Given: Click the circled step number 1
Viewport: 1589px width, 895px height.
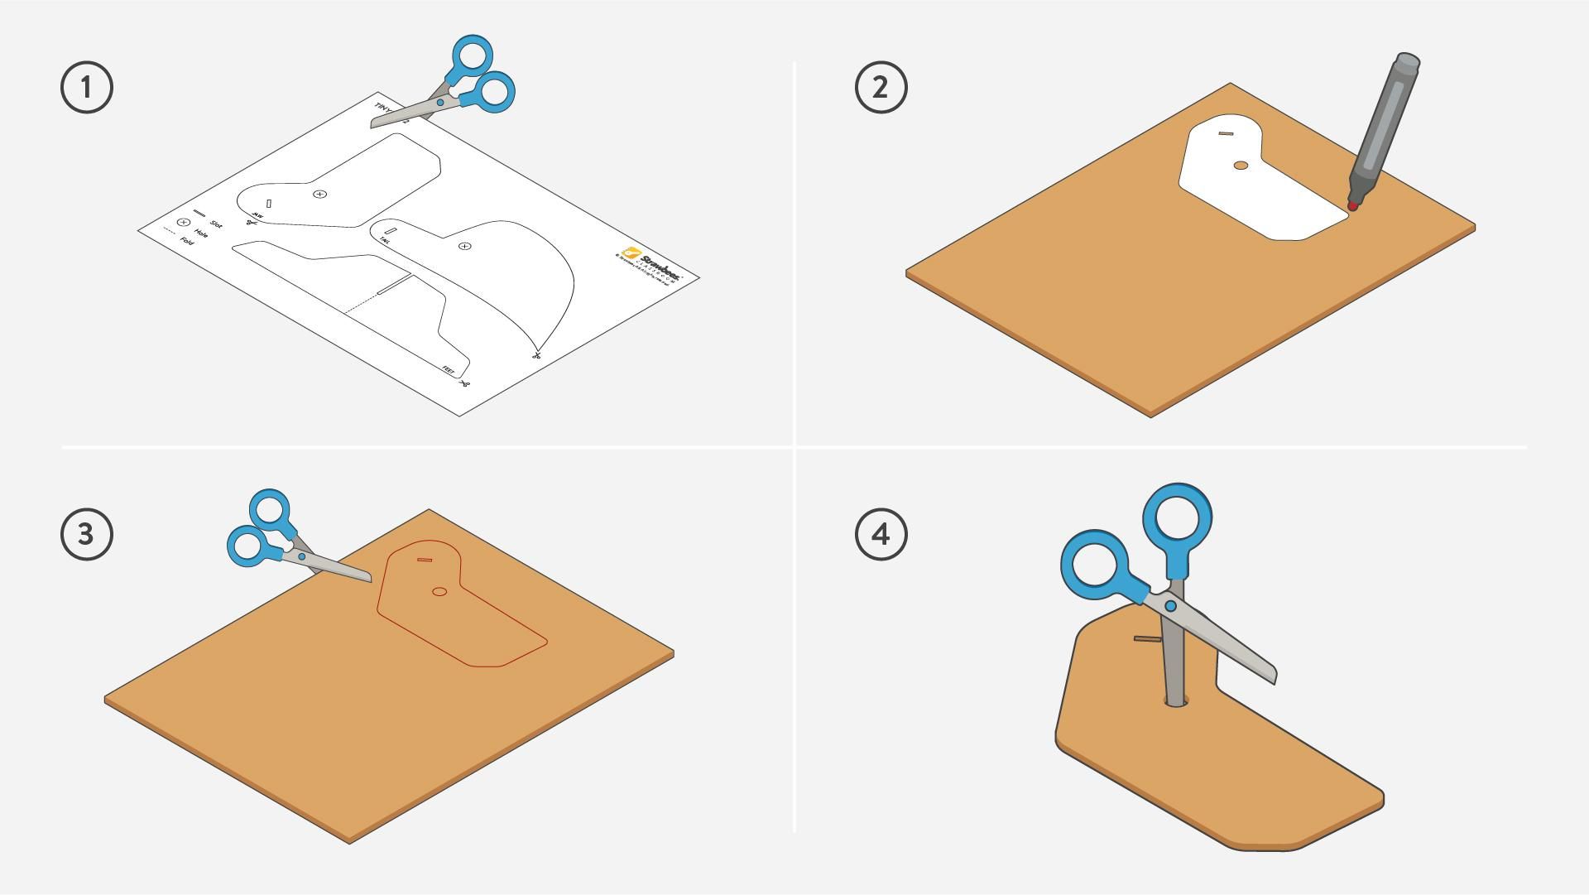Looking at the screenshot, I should [87, 87].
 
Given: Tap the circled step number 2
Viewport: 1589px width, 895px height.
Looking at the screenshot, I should [881, 87].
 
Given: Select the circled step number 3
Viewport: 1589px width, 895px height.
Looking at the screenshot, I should [87, 534].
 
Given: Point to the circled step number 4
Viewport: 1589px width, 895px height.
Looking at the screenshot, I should [881, 534].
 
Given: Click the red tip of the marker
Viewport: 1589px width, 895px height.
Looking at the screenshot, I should [1352, 205].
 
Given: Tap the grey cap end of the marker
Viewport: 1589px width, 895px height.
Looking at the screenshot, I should [1408, 63].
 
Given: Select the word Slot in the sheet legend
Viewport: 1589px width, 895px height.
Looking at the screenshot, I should [216, 224].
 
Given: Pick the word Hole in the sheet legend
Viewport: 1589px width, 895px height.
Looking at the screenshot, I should [201, 233].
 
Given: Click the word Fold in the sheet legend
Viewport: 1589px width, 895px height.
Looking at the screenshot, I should [187, 242].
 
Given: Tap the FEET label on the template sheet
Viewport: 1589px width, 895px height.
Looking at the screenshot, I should [448, 370].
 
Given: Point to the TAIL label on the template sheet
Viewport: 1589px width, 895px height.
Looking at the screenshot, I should [385, 240].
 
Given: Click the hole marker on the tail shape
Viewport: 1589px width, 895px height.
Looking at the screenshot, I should [465, 246].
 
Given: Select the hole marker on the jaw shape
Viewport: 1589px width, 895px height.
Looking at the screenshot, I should [320, 194].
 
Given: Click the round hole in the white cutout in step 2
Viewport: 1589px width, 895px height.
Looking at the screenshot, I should [1240, 166].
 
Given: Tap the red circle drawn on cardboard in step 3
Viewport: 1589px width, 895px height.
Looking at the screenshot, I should [439, 591].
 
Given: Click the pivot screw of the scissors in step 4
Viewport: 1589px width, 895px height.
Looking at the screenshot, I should [1170, 606].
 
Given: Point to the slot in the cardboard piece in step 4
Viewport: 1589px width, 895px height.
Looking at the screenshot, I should [1147, 639].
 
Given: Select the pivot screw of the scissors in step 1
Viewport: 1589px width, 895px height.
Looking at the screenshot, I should [440, 103].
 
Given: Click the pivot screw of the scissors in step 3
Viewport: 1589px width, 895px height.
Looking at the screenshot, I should [301, 557].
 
